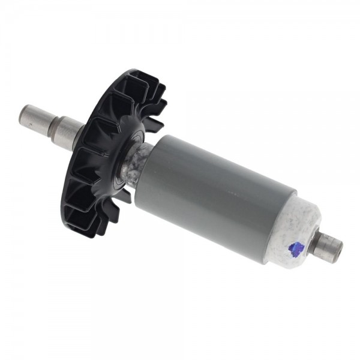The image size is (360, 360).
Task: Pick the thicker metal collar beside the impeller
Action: [x=68, y=128]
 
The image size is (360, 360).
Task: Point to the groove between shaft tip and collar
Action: [x=50, y=120]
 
